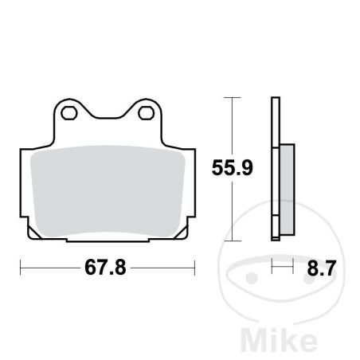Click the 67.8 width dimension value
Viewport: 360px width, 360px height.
[105, 268]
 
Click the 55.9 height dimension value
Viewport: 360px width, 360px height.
[233, 167]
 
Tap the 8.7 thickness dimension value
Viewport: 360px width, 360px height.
[322, 268]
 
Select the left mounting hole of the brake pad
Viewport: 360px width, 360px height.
[69, 113]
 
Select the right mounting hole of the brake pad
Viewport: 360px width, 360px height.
[147, 113]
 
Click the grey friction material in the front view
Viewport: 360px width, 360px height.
[108, 191]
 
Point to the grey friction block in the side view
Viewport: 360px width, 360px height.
[287, 190]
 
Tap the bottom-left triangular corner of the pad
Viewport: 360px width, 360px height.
[34, 233]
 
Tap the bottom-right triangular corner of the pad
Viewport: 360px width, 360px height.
[182, 233]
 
